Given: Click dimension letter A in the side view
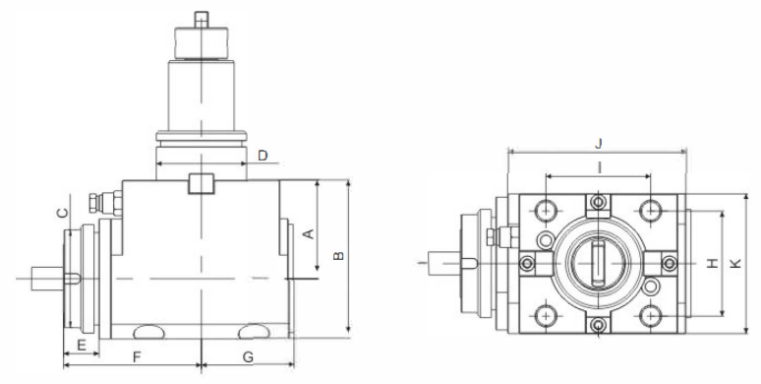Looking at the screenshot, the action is click(309, 233).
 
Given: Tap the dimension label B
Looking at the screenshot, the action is click(339, 256).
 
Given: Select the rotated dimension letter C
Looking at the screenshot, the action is click(63, 213).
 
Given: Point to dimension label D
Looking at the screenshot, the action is click(263, 156).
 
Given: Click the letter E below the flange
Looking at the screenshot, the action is click(82, 346).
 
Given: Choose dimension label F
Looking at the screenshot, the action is click(137, 357).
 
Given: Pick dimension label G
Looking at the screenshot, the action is click(248, 357).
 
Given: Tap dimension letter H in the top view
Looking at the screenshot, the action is click(712, 264).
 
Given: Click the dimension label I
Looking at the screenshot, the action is click(600, 167).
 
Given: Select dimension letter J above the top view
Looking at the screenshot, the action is click(599, 144).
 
